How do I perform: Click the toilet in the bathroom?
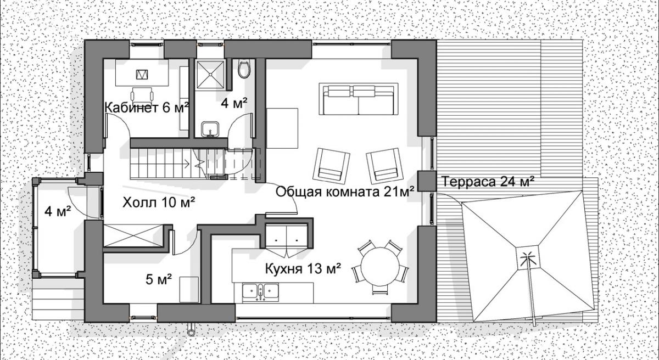coord(244,69)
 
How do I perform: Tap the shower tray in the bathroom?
coord(211,74)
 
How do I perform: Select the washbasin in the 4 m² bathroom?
coord(210,130)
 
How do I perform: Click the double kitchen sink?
coord(260,291)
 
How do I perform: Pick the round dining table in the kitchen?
coord(380,266)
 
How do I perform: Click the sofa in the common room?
coord(359,99)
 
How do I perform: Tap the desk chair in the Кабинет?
coord(142,94)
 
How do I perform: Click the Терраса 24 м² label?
coord(488,182)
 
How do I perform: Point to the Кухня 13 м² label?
coord(303,268)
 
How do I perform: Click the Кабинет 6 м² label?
coord(147,108)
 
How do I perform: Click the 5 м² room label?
coord(159,279)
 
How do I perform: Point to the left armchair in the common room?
coord(331,165)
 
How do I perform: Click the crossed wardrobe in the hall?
coord(133,235)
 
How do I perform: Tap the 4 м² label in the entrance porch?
coord(58,211)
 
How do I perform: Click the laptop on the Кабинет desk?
coord(142,74)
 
